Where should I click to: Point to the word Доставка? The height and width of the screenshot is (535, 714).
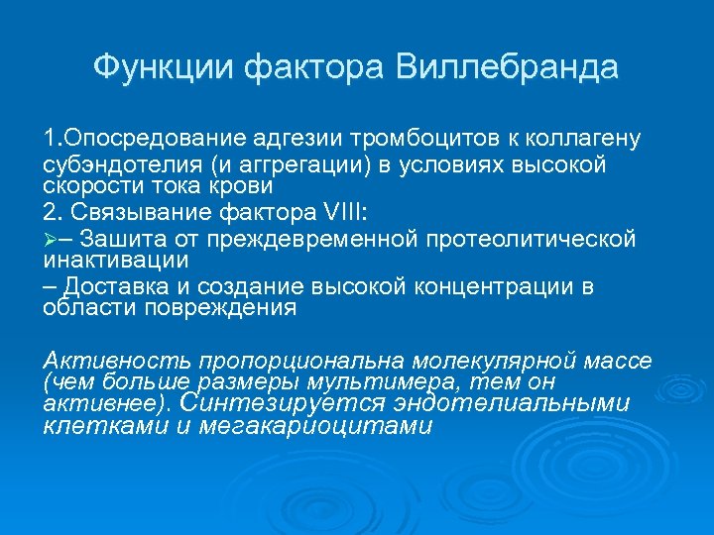pyautogui.click(x=126, y=287)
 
